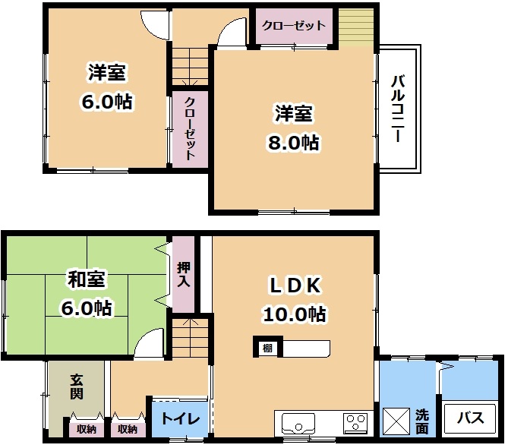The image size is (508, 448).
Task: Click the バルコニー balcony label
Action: coord(397,109)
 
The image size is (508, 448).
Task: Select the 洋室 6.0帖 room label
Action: coord(107,87)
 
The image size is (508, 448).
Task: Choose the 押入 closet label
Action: coord(183,274)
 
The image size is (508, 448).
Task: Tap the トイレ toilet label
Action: coord(180,419)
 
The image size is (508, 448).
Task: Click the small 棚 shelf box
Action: coord(268,348)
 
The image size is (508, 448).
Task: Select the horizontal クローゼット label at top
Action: coord(294,25)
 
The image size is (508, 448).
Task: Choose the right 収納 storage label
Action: coord(128,429)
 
